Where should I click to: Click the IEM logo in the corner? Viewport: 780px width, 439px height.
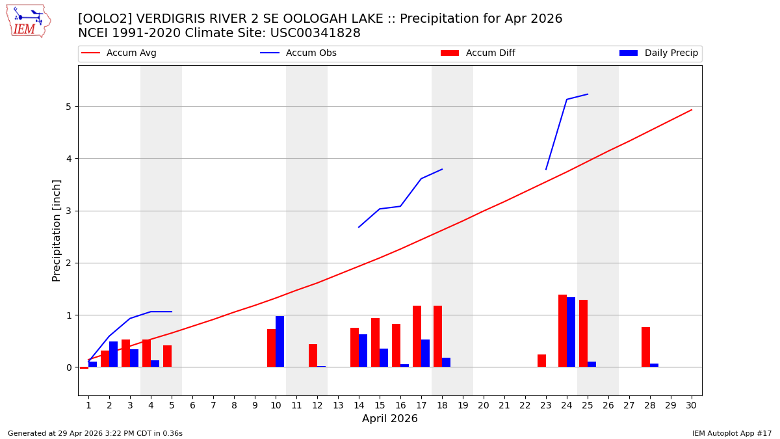point(28,21)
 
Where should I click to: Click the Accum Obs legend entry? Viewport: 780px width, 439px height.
point(299,53)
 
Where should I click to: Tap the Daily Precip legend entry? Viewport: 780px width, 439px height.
point(660,53)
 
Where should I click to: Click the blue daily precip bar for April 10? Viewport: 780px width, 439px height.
point(279,341)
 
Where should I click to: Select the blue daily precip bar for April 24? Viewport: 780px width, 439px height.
point(571,332)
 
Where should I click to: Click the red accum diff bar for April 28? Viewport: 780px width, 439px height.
point(645,347)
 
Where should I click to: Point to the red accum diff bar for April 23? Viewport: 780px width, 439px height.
point(541,361)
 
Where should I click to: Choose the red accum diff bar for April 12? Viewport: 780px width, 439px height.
point(313,356)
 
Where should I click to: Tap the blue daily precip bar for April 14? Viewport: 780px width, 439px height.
point(363,351)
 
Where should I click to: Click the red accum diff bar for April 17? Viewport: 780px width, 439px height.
point(417,336)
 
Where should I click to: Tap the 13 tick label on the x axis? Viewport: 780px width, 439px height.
point(338,405)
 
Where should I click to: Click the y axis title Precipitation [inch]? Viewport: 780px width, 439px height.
point(57,230)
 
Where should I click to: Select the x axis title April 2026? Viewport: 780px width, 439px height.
point(390,419)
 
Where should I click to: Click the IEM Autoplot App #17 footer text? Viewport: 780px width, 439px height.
point(732,433)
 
